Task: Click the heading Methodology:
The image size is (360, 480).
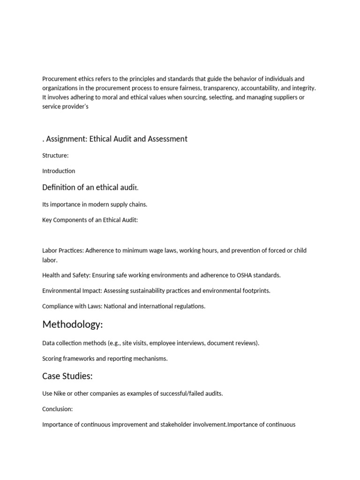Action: [x=72, y=325]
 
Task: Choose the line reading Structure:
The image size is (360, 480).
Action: [x=55, y=155]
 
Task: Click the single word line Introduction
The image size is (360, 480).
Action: [x=59, y=171]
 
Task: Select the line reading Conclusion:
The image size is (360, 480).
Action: [x=57, y=409]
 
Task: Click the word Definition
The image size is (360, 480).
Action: [x=60, y=187]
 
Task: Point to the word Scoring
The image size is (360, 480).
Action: [x=52, y=359]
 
